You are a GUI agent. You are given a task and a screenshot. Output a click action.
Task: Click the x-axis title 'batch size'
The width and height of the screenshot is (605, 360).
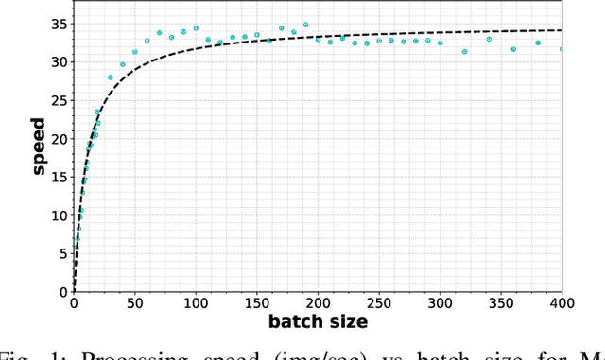coord(318,322)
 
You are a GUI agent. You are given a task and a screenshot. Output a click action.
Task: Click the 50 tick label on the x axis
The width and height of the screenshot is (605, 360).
coord(134,303)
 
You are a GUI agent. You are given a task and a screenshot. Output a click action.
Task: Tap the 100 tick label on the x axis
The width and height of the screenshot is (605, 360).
coord(196,303)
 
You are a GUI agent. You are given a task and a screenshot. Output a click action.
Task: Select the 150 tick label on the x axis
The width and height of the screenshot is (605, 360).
coord(257,303)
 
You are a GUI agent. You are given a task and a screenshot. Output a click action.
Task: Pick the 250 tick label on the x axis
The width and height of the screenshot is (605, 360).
coord(379,303)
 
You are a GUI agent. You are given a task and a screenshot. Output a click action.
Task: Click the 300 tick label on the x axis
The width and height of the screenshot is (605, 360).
coord(440,303)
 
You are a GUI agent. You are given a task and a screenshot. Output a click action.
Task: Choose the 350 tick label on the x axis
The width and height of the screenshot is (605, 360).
coord(501,303)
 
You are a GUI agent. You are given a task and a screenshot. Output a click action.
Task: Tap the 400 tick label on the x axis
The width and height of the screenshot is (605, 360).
coord(562,303)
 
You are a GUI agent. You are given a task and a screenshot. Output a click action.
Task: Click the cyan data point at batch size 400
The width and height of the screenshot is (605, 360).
coord(562,49)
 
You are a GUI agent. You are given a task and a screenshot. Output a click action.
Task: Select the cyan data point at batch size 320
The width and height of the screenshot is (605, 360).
coord(464,51)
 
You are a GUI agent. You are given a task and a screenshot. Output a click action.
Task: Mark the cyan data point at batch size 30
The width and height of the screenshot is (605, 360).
coord(111,77)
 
